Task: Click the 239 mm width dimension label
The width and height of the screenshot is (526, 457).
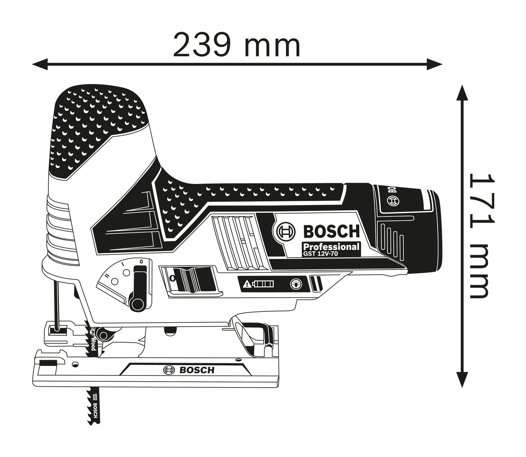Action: point(237,45)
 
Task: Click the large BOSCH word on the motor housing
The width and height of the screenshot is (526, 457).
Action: point(331,231)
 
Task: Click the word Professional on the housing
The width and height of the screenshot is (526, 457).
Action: point(331,247)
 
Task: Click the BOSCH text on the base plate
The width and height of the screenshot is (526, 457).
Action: point(197,370)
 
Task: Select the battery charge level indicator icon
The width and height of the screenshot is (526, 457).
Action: point(264,284)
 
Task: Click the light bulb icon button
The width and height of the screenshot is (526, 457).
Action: point(296,284)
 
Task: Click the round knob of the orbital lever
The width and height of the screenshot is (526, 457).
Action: point(138,304)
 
